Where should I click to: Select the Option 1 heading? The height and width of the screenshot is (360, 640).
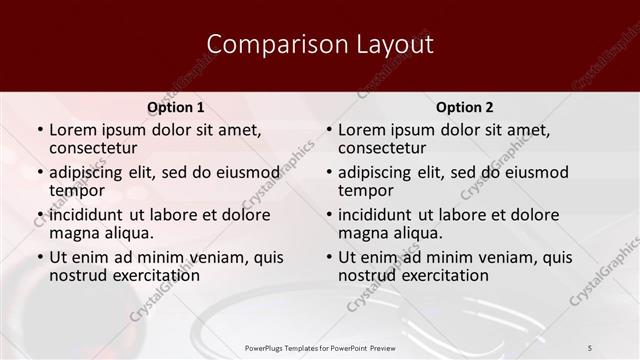coord(175,107)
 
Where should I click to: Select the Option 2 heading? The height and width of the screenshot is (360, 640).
coord(464,107)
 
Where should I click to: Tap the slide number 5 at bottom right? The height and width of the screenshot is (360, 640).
coord(590,347)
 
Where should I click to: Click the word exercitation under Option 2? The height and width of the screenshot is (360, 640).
coord(441,274)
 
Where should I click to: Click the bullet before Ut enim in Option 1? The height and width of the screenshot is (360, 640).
coord(39,257)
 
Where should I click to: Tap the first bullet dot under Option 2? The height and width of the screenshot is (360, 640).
coord(328,131)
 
